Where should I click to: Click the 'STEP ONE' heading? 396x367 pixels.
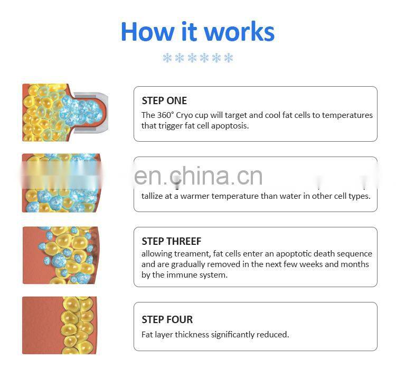[x=164, y=100]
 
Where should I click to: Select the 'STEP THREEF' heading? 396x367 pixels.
[x=172, y=241]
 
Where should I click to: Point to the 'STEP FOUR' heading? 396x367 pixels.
[x=167, y=319]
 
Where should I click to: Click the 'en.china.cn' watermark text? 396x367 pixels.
[x=198, y=176]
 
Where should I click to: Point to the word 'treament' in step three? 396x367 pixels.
[x=191, y=254]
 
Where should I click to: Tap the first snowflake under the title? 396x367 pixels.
[x=167, y=58]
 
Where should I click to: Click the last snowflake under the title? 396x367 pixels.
[x=228, y=58]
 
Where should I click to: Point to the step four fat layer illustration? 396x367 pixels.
[x=58, y=325]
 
